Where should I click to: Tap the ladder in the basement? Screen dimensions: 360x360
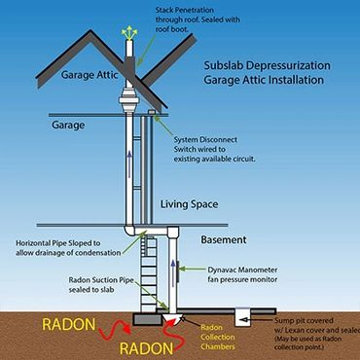[149, 264]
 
